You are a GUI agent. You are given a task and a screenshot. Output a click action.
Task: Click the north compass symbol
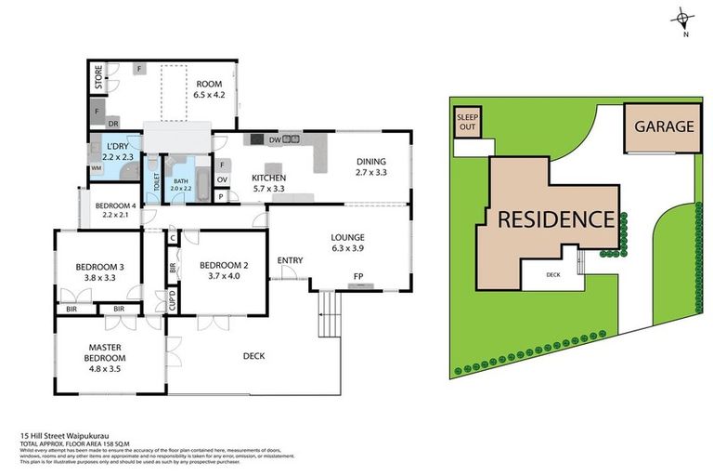[684, 20]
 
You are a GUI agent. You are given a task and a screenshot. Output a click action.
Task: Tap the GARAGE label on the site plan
[664, 126]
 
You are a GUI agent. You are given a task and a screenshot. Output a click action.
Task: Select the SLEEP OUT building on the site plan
[466, 123]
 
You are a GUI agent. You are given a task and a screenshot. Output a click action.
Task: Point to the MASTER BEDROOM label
[105, 351]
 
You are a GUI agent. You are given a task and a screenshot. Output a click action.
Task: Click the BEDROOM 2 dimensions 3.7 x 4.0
[221, 275]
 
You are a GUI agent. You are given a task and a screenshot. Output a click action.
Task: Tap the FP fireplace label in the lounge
[357, 276]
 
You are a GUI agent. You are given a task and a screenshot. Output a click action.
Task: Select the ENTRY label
[291, 259]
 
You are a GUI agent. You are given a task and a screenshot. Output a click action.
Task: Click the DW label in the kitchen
[274, 140]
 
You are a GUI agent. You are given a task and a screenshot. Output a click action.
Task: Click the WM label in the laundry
[96, 168]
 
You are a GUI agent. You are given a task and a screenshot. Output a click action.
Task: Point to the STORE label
[97, 79]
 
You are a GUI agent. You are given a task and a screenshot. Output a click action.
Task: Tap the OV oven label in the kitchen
[221, 179]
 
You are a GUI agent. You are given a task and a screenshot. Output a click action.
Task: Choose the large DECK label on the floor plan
[253, 355]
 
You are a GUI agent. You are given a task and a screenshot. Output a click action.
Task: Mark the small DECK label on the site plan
[553, 275]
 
